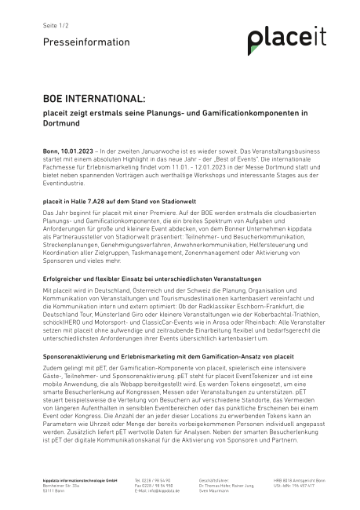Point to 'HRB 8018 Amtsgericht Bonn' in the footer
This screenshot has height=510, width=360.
tap(300, 479)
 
